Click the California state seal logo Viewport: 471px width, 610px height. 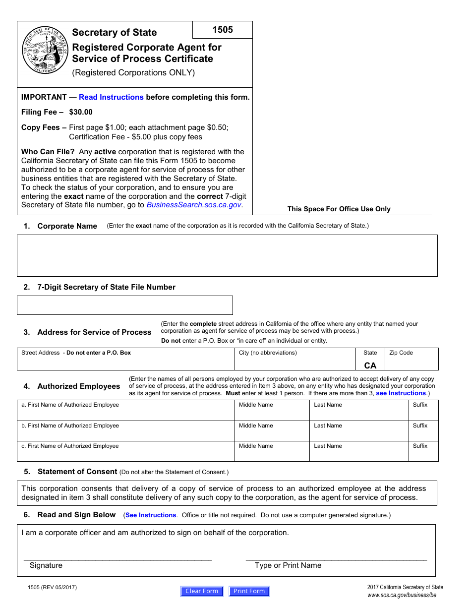point(45,50)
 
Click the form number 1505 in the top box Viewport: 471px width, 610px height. point(223,30)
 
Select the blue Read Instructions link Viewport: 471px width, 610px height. point(111,97)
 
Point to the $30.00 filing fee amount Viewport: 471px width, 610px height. point(81,112)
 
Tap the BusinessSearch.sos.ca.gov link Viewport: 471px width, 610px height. point(194,205)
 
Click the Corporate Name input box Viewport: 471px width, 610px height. point(227,255)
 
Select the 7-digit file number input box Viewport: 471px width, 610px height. point(124,305)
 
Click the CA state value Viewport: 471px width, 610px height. point(370,366)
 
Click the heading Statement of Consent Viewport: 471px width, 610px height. point(77,472)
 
